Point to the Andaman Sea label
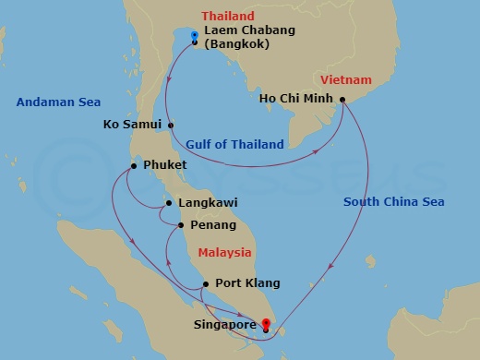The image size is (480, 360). tap(58, 102)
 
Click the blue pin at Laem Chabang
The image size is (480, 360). tap(195, 36)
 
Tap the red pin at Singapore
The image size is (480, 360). tap(266, 323)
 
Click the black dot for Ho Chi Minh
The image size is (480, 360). tap(342, 100)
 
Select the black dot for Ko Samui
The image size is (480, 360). tap(171, 125)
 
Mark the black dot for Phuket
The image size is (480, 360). tap(134, 166)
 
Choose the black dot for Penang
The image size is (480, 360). tap(180, 225)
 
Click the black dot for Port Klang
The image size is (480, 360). tap(205, 284)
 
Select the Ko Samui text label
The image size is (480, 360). tap(134, 124)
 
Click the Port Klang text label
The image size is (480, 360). tap(247, 284)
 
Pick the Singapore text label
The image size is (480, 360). tap(224, 325)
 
